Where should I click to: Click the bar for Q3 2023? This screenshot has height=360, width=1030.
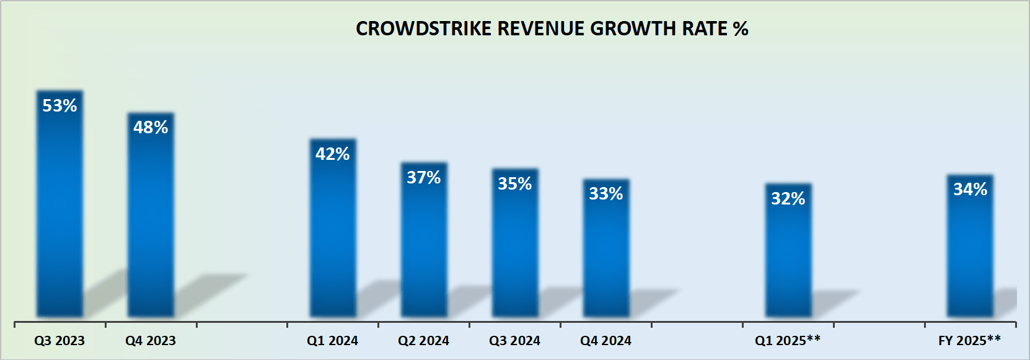[x=59, y=211]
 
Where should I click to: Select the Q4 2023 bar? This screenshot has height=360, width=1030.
[x=151, y=223]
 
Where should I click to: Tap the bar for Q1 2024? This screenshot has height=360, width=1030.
[x=333, y=235]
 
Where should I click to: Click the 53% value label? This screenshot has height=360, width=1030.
[x=59, y=106]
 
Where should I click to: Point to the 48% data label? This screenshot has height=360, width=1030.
[x=151, y=128]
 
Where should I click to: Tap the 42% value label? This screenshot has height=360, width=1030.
[x=333, y=154]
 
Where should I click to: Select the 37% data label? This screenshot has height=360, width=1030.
[x=424, y=178]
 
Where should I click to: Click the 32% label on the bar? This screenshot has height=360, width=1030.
[x=788, y=199]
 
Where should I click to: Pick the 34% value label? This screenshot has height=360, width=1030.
[x=971, y=190]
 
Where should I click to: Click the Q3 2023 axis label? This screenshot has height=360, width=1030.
[x=59, y=341]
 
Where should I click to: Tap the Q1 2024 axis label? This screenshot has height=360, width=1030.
[x=333, y=341]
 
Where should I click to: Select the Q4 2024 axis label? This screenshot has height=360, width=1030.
[x=606, y=341]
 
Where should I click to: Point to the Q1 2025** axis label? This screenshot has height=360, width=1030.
[x=788, y=341]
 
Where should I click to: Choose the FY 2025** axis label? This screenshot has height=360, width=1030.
[x=969, y=341]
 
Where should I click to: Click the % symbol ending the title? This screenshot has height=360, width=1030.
[x=741, y=29]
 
